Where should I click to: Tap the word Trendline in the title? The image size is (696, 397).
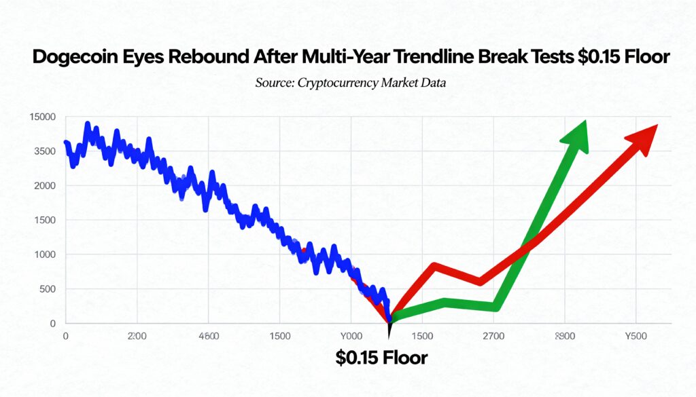click(x=447, y=58)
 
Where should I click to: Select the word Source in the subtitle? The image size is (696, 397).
click(x=274, y=83)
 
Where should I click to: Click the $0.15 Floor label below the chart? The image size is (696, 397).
click(x=382, y=357)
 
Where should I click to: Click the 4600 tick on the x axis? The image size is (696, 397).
click(x=209, y=336)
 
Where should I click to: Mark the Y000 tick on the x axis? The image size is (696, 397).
click(x=351, y=336)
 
